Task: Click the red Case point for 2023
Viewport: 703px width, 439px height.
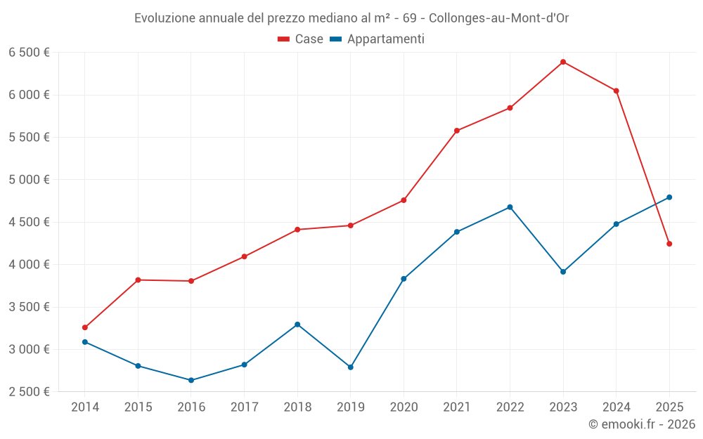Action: point(563,62)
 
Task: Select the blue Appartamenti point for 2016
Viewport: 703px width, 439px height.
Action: point(191,380)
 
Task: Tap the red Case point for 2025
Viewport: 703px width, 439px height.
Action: point(669,244)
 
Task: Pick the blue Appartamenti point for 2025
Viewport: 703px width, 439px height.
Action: point(669,197)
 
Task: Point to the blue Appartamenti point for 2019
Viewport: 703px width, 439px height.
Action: point(351,367)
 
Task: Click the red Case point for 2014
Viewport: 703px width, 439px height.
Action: point(85,327)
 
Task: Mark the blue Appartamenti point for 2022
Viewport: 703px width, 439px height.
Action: point(510,207)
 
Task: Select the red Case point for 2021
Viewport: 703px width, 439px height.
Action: point(457,131)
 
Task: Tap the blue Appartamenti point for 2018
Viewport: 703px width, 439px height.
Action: point(297,325)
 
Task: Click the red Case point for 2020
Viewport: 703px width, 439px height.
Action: point(404,200)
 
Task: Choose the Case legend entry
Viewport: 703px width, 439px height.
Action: point(301,39)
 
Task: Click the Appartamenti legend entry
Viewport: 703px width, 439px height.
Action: point(378,39)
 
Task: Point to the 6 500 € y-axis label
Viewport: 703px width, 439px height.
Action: point(29,53)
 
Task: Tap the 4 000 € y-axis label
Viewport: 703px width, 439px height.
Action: point(29,265)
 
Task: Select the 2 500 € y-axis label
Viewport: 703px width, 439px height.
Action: point(29,392)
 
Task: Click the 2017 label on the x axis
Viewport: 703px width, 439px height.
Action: point(244,407)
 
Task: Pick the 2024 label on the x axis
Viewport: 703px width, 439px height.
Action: point(616,407)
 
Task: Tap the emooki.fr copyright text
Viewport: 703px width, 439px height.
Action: point(641,424)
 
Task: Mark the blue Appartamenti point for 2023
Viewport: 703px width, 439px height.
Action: point(563,272)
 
